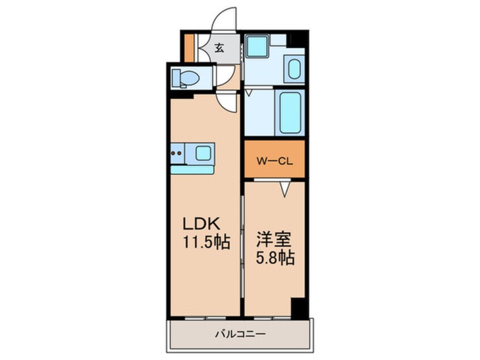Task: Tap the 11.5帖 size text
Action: click(x=205, y=243)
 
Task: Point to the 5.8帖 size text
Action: click(x=275, y=258)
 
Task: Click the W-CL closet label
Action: click(x=275, y=161)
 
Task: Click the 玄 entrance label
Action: click(x=219, y=48)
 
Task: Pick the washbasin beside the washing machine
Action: click(x=293, y=70)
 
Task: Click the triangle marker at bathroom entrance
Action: click(x=248, y=91)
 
